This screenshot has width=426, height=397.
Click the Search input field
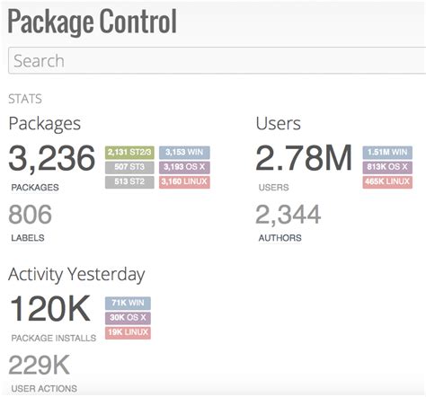click(x=216, y=61)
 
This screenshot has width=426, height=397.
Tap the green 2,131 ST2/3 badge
click(x=129, y=153)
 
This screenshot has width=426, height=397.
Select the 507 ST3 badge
click(x=129, y=167)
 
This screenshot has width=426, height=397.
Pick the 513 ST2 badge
click(x=129, y=182)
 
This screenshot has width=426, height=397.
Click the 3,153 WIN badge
click(x=184, y=153)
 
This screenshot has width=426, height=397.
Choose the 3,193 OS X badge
click(x=184, y=167)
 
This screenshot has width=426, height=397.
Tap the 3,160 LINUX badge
click(x=184, y=182)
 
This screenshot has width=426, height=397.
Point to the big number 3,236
click(x=52, y=160)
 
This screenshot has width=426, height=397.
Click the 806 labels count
click(x=31, y=214)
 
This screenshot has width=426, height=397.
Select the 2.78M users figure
click(x=304, y=160)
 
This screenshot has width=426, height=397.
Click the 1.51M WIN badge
click(x=387, y=153)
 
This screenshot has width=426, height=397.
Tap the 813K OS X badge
click(x=387, y=167)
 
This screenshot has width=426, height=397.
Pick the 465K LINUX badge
click(x=387, y=182)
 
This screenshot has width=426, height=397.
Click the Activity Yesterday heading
click(x=76, y=274)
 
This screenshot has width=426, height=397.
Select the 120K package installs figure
click(x=50, y=310)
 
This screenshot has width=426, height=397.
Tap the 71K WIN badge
click(x=127, y=304)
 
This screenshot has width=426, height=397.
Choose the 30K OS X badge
click(x=127, y=318)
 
